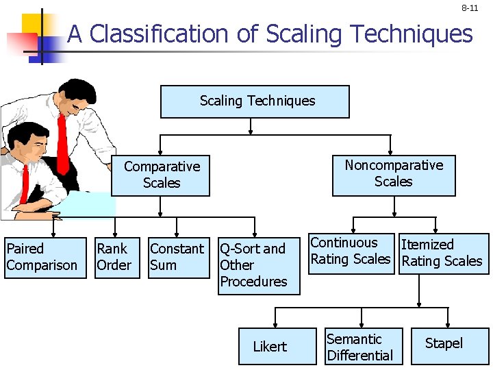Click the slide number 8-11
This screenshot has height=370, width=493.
click(x=470, y=8)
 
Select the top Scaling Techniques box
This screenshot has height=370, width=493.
click(x=255, y=101)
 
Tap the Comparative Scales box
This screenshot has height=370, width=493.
click(x=161, y=175)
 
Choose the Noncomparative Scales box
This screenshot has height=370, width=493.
click(x=394, y=175)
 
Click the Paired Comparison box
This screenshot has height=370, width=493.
click(x=42, y=258)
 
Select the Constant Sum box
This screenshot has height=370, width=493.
click(x=178, y=258)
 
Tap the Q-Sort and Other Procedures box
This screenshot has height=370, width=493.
click(x=258, y=266)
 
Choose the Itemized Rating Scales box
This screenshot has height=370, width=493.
click(x=443, y=254)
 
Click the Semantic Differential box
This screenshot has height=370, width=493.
click(x=363, y=347)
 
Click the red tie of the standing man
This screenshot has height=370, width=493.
click(x=62, y=144)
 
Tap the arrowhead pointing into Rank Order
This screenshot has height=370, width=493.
click(x=116, y=234)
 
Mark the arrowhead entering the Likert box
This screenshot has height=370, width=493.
click(x=275, y=324)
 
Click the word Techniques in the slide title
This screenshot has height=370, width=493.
click(x=413, y=34)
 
